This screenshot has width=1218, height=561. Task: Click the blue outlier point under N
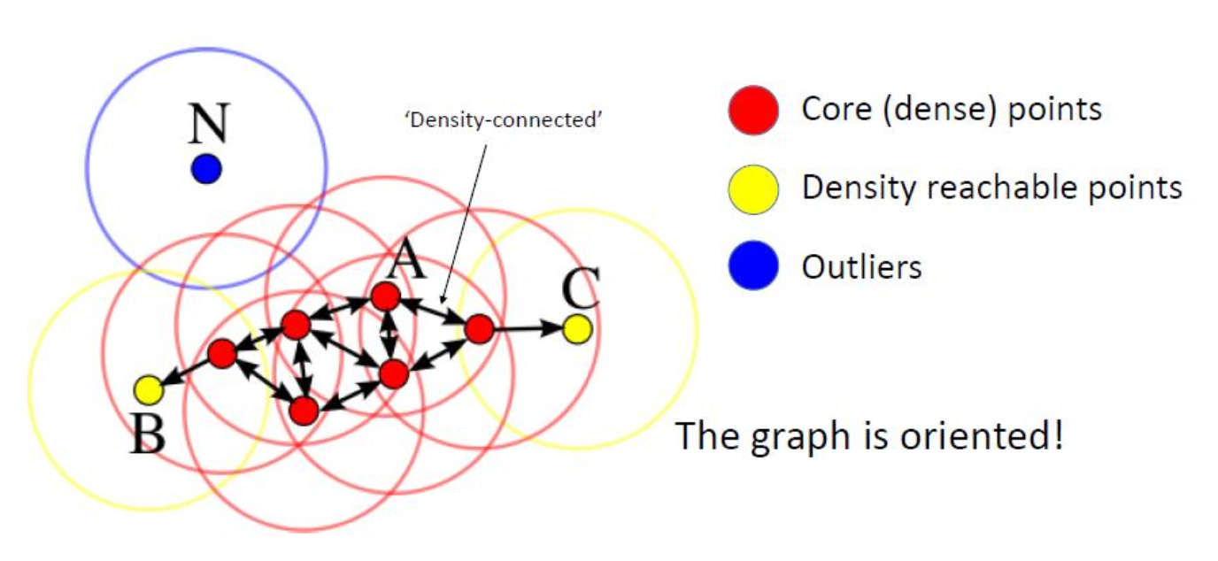click(x=205, y=168)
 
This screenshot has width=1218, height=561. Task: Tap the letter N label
click(x=208, y=123)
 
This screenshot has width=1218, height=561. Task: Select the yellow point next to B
click(x=149, y=388)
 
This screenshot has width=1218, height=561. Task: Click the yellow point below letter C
click(x=576, y=329)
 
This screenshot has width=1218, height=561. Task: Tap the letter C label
click(x=581, y=288)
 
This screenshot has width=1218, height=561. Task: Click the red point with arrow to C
click(x=479, y=329)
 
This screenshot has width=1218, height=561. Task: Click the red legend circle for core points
click(x=753, y=111)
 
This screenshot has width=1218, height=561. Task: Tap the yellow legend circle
click(x=753, y=188)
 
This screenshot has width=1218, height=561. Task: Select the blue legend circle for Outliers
click(x=753, y=266)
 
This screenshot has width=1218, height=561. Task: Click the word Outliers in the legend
click(x=861, y=266)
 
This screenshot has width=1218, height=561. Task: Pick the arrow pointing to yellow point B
click(x=185, y=372)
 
